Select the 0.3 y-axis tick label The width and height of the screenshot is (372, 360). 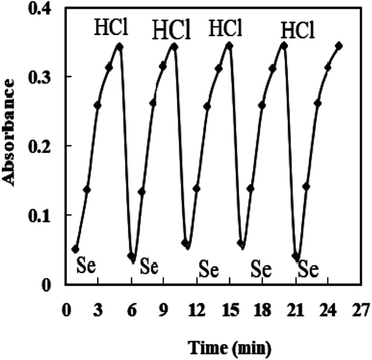[46, 77]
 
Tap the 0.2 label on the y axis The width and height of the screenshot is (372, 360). [46, 146]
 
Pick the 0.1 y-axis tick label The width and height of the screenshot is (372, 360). [46, 215]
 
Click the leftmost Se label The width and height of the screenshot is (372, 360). [87, 266]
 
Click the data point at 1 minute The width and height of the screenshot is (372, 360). [75, 249]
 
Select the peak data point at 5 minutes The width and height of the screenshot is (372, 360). [120, 46]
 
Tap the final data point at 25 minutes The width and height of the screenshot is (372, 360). [339, 46]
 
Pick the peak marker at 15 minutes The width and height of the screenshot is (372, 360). [230, 46]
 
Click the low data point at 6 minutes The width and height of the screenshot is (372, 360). [131, 256]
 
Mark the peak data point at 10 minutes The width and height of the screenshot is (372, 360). [175, 46]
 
